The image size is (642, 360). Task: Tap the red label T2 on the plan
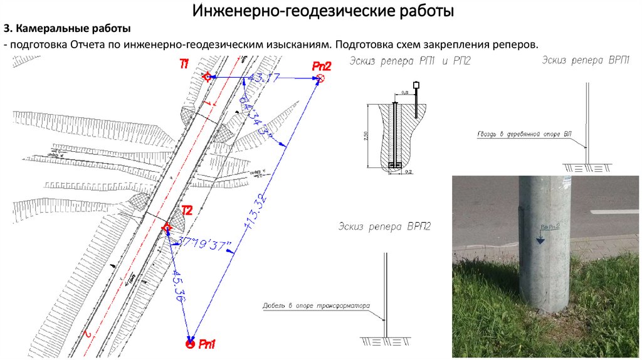[186, 209]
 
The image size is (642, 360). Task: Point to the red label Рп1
[207, 344]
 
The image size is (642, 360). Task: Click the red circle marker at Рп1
[189, 344]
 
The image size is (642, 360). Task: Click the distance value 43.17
[263, 77]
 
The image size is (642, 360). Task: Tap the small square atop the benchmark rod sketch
[415, 85]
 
